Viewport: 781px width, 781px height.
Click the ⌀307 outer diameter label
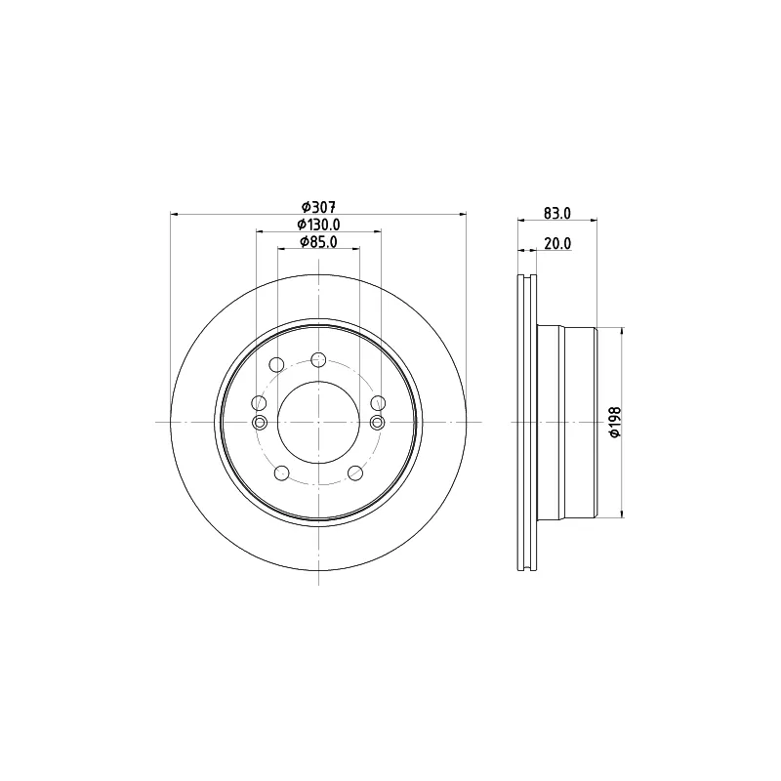[x=319, y=206]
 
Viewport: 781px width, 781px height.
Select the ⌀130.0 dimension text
[x=319, y=225]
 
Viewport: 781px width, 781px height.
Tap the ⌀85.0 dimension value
[x=319, y=242]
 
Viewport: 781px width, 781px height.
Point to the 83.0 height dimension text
[x=557, y=213]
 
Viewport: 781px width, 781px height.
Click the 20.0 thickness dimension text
[x=557, y=243]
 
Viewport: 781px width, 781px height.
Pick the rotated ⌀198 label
[x=616, y=422]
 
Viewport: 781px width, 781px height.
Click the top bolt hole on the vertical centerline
[x=318, y=359]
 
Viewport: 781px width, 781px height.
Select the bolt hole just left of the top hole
[x=276, y=365]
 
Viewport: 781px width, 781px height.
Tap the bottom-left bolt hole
[x=282, y=473]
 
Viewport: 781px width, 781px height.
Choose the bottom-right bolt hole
[x=355, y=473]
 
